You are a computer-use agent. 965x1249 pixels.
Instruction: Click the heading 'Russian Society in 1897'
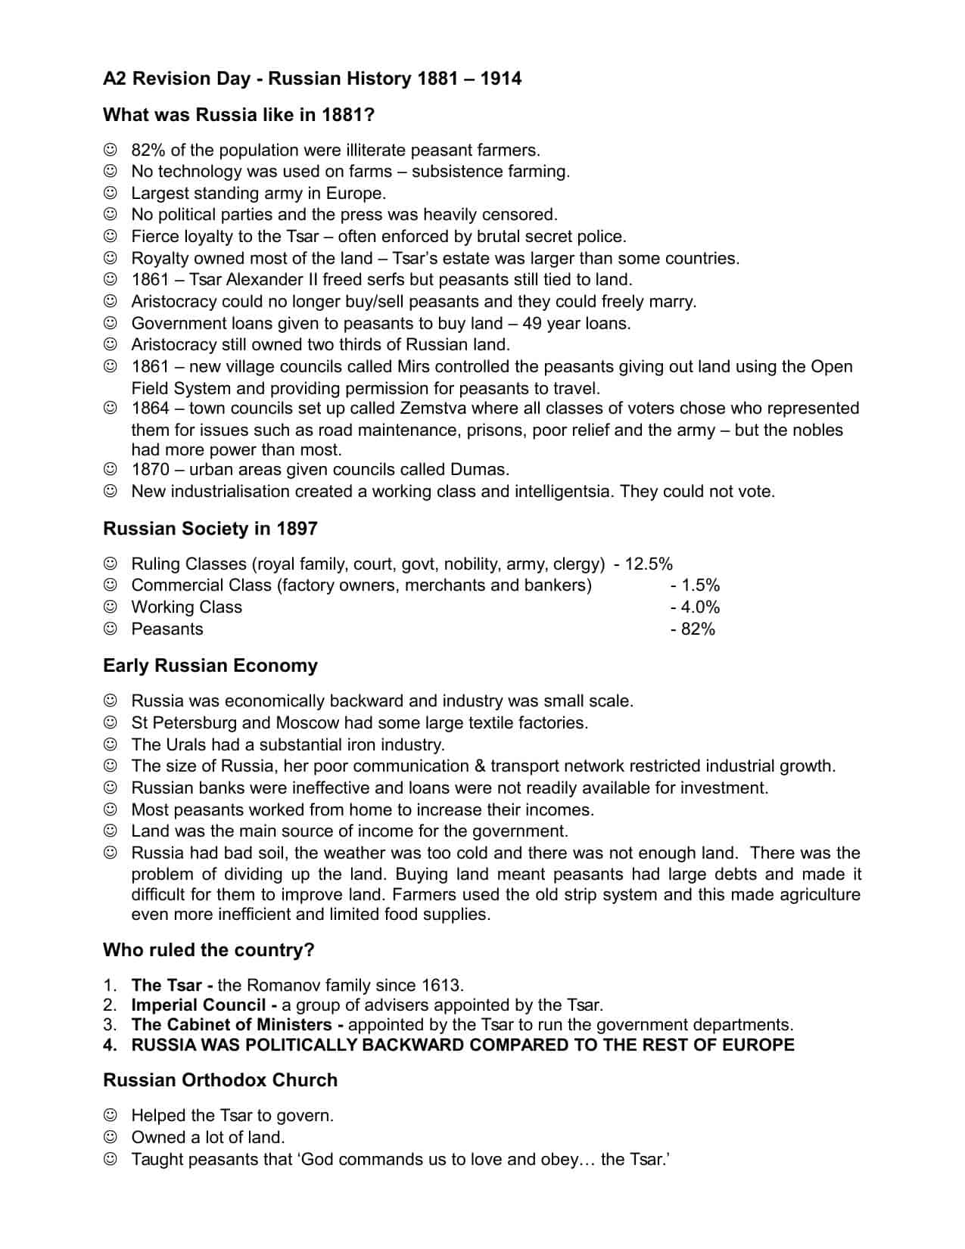[x=210, y=528]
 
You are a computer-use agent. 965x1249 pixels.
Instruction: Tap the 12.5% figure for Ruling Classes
[x=649, y=564]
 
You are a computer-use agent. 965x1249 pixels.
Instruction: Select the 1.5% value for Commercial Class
[x=699, y=585]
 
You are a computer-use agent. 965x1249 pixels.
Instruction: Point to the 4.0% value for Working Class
[x=699, y=607]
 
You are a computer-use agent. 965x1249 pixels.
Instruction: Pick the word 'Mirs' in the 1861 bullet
[x=416, y=367]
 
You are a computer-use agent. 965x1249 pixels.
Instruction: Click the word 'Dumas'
[x=478, y=469]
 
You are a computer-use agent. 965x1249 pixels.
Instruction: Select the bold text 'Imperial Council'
[x=198, y=1005]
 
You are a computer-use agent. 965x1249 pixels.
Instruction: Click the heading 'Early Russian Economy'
[x=210, y=666]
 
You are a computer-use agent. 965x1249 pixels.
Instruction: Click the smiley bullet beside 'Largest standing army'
[x=111, y=193]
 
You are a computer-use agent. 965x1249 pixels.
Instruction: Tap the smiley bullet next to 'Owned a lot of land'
[x=111, y=1137]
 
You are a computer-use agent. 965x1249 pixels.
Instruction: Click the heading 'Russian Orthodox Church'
[x=220, y=1080]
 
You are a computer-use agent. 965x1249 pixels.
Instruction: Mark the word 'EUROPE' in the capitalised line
[x=758, y=1045]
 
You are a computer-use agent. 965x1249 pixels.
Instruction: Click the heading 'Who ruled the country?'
[x=208, y=949]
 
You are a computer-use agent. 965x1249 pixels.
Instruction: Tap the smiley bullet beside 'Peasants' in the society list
[x=111, y=629]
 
